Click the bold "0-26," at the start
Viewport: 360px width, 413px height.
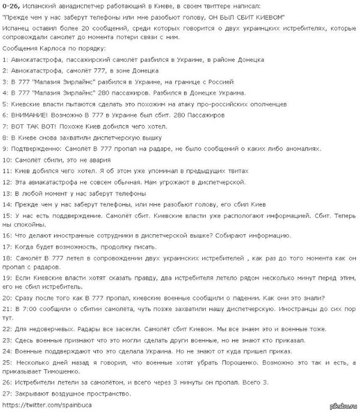point(11,6)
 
